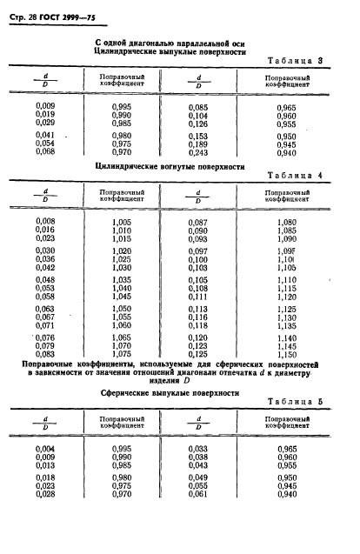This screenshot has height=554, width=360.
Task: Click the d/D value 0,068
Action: [x=45, y=152]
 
